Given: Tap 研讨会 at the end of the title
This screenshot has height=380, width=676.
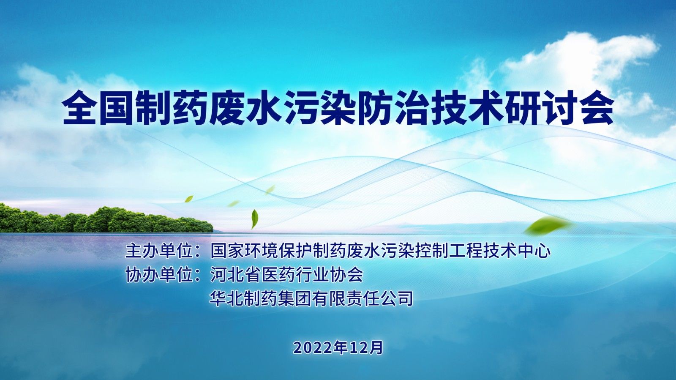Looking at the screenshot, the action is pos(559,108).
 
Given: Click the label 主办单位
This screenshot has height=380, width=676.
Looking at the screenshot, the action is pos(159,251).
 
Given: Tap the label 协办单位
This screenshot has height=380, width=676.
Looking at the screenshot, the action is pos(159,275).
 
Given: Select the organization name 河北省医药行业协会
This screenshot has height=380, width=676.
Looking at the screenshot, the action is pos(286,275).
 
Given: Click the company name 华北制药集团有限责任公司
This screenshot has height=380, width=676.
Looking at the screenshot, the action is pos(311,298).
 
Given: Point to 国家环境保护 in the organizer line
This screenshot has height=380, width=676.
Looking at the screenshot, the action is pos(261,251).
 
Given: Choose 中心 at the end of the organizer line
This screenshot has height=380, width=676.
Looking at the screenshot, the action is pos(534,251).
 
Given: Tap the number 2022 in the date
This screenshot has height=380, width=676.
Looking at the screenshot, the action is pos(313,348).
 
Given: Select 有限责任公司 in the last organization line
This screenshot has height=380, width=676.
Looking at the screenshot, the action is pos(362,298).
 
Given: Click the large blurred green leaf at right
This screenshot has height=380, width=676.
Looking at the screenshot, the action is pos(549,225).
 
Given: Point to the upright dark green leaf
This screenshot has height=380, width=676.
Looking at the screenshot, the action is pos(255,219).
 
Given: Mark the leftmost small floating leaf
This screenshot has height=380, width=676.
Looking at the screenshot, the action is pos(189,199).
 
